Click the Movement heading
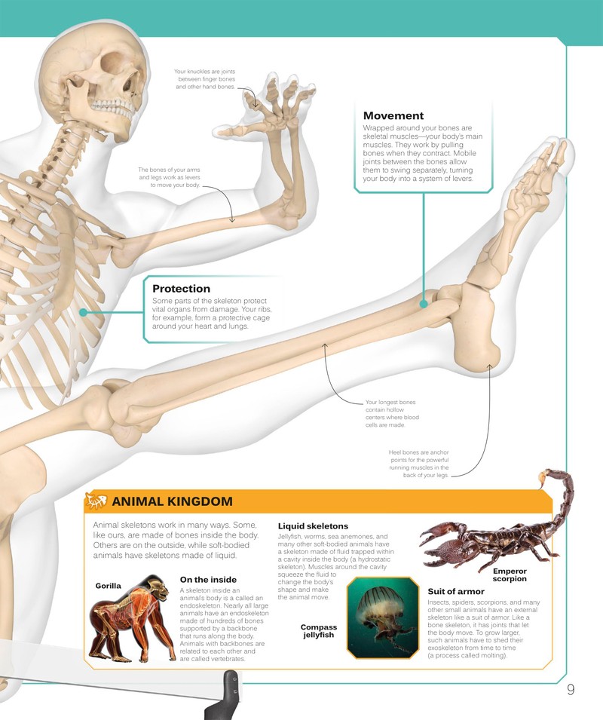[393, 115]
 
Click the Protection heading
[181, 289]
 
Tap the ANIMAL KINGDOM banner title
[172, 501]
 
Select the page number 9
[571, 690]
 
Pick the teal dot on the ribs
[83, 312]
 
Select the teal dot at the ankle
[424, 304]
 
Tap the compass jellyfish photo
[383, 617]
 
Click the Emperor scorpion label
[510, 575]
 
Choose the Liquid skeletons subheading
[313, 526]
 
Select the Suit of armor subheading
[456, 591]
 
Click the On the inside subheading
[208, 580]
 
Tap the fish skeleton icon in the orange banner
[96, 501]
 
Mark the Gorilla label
[109, 586]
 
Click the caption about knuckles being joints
[205, 79]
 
